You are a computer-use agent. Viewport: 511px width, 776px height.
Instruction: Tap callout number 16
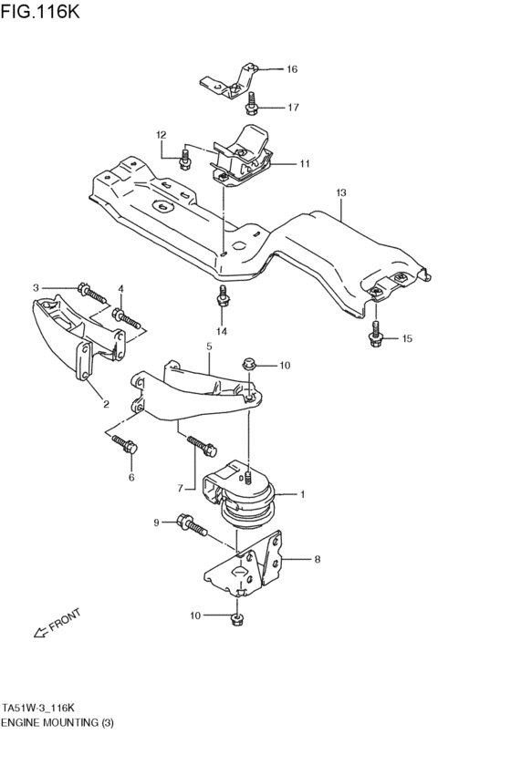[x=292, y=69]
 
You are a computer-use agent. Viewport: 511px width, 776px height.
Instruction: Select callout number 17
[x=293, y=108]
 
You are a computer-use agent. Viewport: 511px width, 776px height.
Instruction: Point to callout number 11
[x=304, y=164]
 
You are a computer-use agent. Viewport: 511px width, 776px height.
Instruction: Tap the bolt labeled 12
[x=185, y=160]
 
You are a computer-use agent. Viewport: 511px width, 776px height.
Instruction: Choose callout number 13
[x=340, y=193]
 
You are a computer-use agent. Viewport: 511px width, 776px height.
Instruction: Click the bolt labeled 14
[x=222, y=298]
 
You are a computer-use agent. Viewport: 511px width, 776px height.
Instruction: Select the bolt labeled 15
[x=376, y=337]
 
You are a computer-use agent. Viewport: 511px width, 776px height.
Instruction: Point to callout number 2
[x=105, y=404]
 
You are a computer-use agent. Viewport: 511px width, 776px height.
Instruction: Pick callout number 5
[x=209, y=347]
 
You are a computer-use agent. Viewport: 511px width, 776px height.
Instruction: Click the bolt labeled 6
[x=124, y=446]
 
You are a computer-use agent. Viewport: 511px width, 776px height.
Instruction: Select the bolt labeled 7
[x=203, y=447]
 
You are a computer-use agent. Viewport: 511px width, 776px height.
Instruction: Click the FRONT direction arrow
[x=57, y=626]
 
